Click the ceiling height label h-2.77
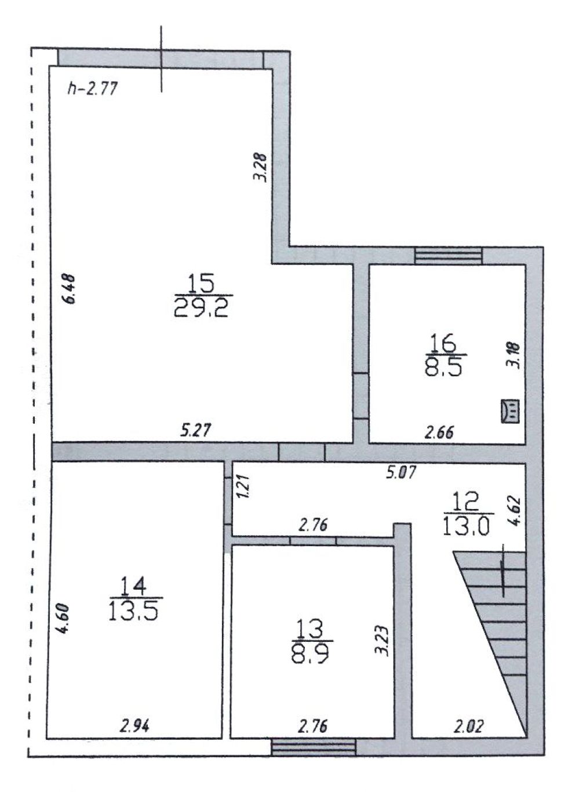click(x=92, y=89)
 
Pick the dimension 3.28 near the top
click(x=261, y=166)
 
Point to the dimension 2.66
click(x=439, y=432)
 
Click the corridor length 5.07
click(x=401, y=472)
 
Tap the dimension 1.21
click(x=243, y=486)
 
